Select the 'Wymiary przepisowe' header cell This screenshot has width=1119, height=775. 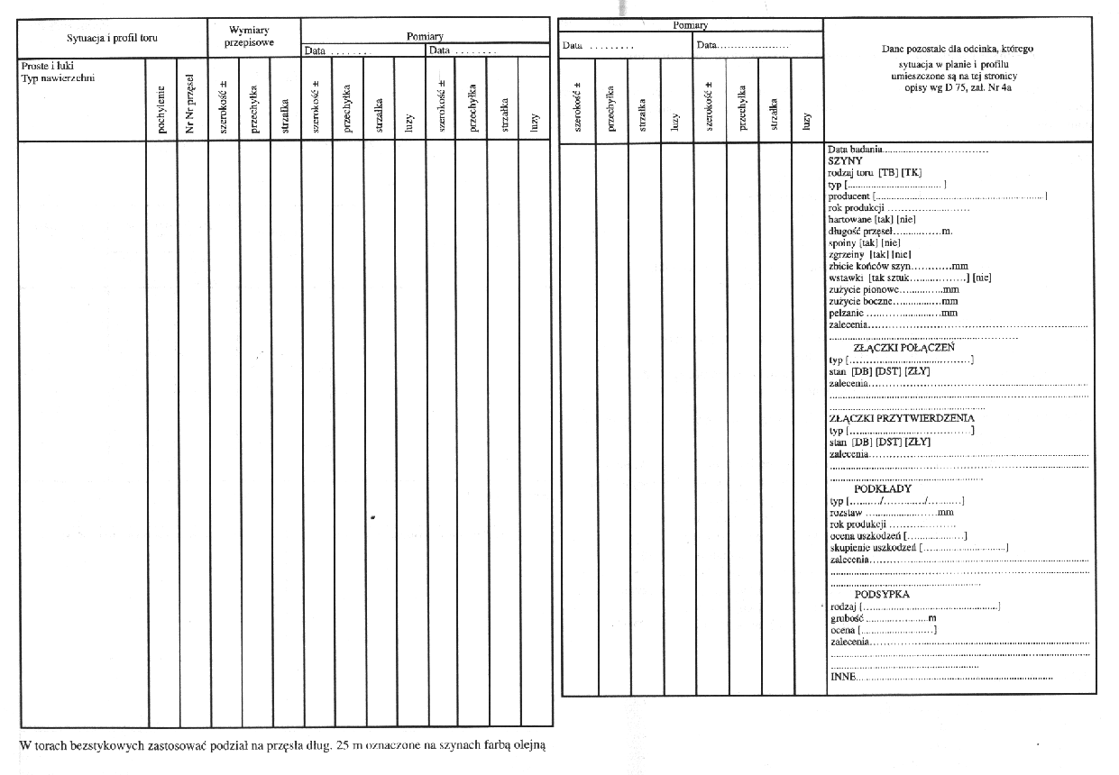(250, 37)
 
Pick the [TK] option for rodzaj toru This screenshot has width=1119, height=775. (912, 172)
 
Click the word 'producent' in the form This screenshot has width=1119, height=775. (848, 196)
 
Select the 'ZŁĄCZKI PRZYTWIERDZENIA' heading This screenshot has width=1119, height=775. (901, 418)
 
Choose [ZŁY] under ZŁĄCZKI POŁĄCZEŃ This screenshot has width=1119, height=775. (918, 370)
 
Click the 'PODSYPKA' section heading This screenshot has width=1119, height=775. (882, 595)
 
